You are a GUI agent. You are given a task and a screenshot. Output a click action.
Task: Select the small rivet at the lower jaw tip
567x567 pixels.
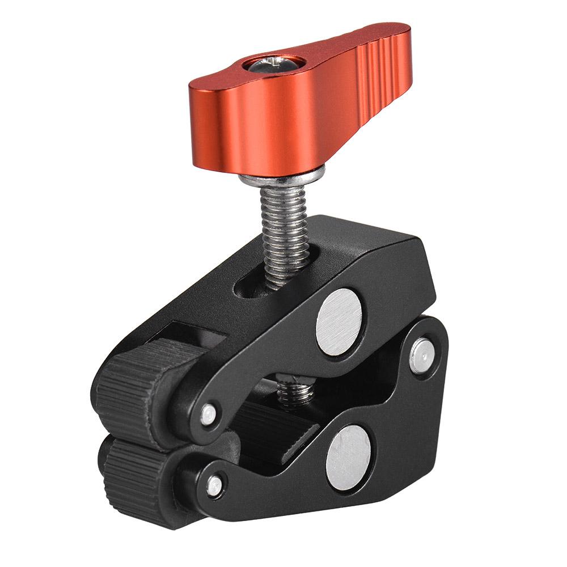pos(214,485)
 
